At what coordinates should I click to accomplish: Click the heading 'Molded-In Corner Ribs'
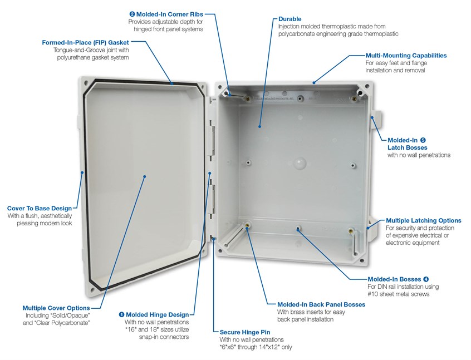170,13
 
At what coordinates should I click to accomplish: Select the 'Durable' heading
290,19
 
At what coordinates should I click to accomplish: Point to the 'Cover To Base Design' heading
40,208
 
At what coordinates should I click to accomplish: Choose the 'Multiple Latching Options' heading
423,220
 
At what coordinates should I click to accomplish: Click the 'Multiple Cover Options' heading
56,308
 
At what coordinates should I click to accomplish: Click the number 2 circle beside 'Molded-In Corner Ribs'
132,13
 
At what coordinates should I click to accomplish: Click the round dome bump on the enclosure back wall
300,163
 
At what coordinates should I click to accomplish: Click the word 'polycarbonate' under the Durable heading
297,34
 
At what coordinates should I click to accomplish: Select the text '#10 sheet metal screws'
398,294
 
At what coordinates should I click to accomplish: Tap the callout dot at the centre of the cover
145,176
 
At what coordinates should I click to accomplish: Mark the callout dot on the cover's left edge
82,173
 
